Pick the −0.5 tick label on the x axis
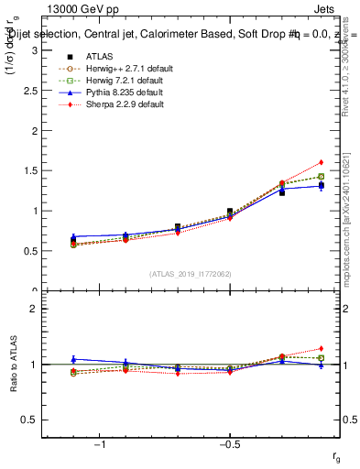coord(229,443)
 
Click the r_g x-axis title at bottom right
coord(337,456)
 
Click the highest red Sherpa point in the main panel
coord(322,162)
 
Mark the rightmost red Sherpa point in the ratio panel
coord(322,348)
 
